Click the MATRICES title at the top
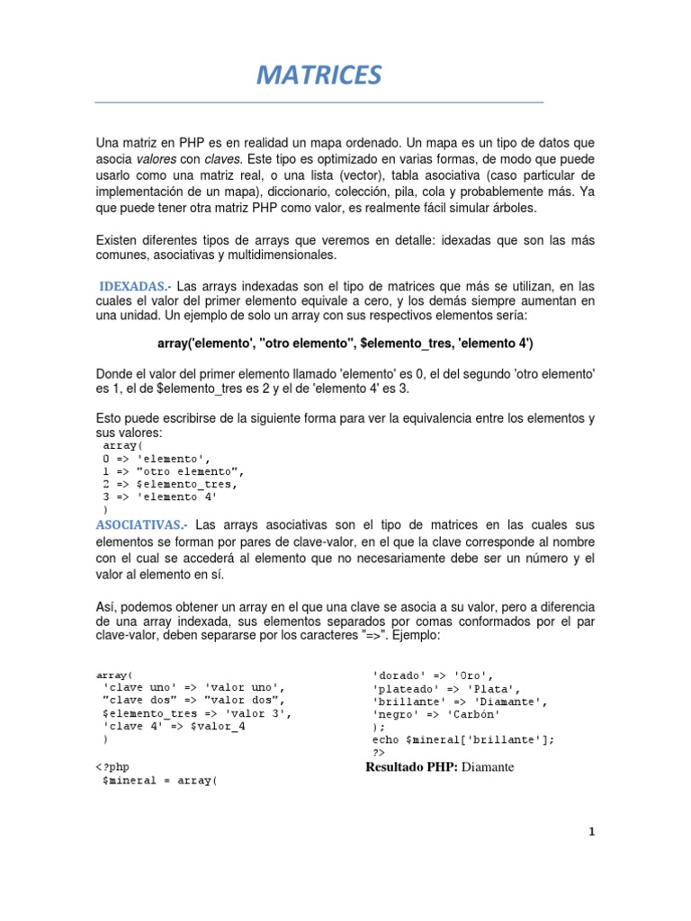[x=319, y=76]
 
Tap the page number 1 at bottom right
[x=592, y=833]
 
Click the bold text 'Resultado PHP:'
[x=412, y=767]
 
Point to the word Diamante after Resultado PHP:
[x=494, y=767]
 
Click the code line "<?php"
[x=114, y=767]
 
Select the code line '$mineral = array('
[x=161, y=781]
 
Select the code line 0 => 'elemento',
[x=157, y=458]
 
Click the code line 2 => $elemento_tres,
[x=170, y=483]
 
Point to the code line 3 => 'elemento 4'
[x=160, y=496]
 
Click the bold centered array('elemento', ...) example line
[x=345, y=344]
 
